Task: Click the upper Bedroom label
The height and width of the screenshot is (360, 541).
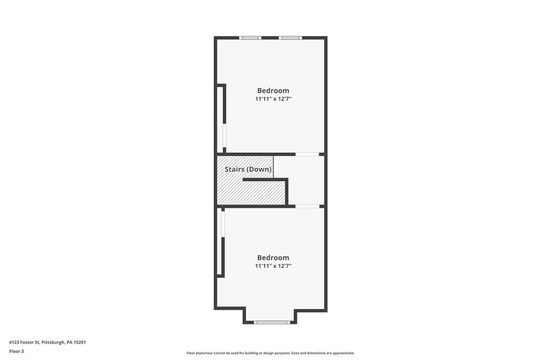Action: (273, 90)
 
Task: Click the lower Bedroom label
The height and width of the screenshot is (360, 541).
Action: (273, 258)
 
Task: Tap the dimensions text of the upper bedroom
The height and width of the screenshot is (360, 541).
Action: (273, 99)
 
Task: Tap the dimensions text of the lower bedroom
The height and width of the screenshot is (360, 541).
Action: (273, 266)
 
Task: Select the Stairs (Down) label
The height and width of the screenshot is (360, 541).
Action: (248, 169)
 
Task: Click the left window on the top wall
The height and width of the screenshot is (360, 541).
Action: (250, 37)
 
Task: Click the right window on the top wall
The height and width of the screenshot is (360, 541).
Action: (290, 37)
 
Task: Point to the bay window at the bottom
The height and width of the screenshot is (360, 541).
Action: (272, 322)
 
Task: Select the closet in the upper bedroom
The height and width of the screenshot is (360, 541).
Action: (220, 118)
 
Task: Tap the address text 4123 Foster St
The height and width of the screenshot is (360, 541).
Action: (26, 342)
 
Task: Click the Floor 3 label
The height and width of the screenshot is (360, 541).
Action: (17, 350)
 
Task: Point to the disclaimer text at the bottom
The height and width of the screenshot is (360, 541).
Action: (270, 353)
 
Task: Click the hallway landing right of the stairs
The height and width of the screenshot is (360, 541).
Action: (305, 179)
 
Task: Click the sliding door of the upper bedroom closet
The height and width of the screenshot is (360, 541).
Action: (225, 137)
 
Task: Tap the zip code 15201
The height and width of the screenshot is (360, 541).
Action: (80, 342)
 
